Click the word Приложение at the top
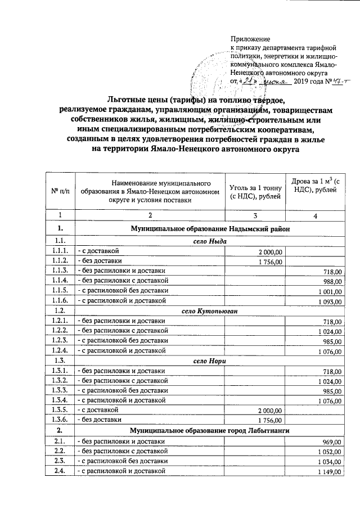click(250, 39)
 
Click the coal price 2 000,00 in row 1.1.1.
click(272, 251)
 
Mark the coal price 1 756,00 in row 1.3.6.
click(272, 420)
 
